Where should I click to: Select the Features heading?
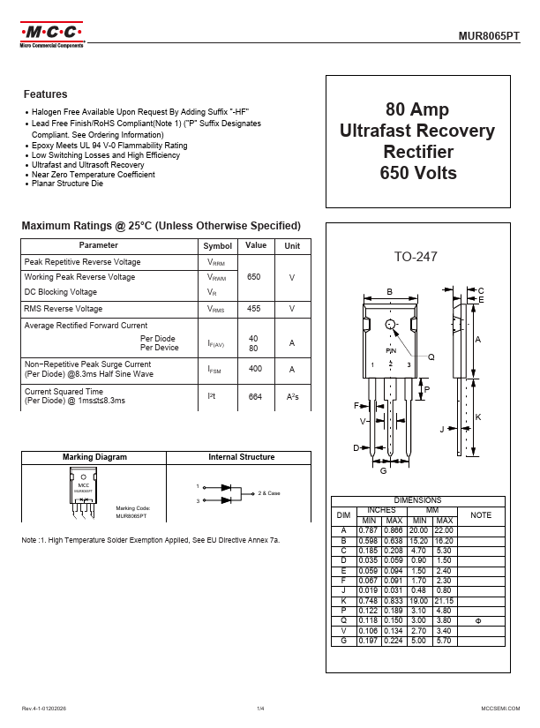pyautogui.click(x=46, y=94)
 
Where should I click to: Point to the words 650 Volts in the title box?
pyautogui.click(x=418, y=173)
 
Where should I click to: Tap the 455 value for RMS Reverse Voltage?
pyautogui.click(x=254, y=309)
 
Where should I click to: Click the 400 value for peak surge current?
pyautogui.click(x=255, y=369)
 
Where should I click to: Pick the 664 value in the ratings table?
pyautogui.click(x=255, y=397)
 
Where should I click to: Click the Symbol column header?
pyautogui.click(x=217, y=246)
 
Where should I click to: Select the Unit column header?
pyautogui.click(x=292, y=246)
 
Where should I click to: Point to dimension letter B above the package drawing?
pyautogui.click(x=390, y=292)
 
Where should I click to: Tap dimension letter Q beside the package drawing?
pyautogui.click(x=431, y=357)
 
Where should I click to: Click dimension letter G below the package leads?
pyautogui.click(x=383, y=471)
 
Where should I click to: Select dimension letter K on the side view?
pyautogui.click(x=477, y=417)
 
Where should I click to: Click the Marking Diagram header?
pyautogui.click(x=94, y=457)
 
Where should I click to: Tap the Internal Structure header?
pyautogui.click(x=241, y=457)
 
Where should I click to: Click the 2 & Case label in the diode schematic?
pyautogui.click(x=268, y=492)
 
